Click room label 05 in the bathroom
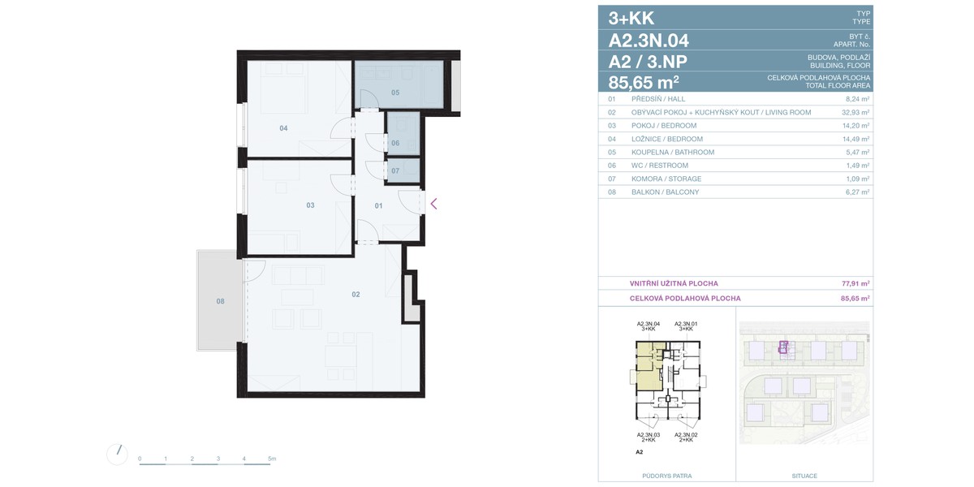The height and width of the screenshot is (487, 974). click(x=394, y=93)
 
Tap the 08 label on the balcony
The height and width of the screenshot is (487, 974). click(x=221, y=301)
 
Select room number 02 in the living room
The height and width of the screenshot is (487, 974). click(x=356, y=295)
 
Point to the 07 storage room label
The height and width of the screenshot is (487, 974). click(x=394, y=170)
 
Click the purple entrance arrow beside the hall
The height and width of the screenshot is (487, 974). click(x=433, y=204)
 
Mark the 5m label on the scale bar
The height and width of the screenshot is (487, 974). click(x=272, y=459)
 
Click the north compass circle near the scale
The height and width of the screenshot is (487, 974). click(x=117, y=455)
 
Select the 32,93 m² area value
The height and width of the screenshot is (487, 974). click(x=855, y=112)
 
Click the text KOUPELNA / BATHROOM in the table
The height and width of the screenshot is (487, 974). click(x=673, y=153)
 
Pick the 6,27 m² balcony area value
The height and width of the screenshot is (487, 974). click(x=857, y=192)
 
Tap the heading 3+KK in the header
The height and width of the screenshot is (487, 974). click(x=631, y=18)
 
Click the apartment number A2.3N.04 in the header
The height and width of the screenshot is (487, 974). click(x=649, y=41)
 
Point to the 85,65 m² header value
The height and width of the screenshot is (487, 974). click(x=644, y=81)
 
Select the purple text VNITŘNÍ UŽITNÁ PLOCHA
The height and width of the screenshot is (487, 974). click(x=674, y=283)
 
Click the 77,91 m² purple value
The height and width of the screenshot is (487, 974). click(x=855, y=283)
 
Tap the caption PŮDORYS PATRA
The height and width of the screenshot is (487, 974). click(x=666, y=476)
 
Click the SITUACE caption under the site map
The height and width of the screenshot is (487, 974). click(x=804, y=476)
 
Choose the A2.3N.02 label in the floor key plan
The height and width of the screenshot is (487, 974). click(x=686, y=434)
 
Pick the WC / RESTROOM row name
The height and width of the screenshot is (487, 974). click(x=660, y=166)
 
